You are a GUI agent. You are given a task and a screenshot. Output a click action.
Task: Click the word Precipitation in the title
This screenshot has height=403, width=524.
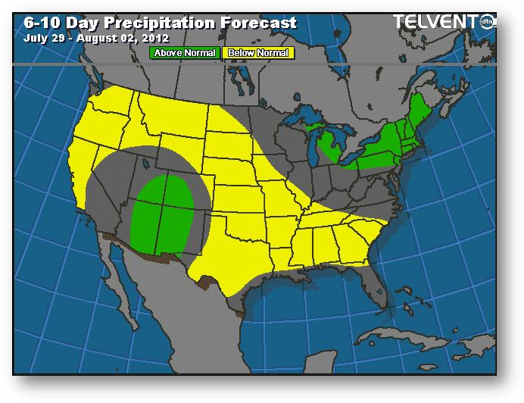(162, 23)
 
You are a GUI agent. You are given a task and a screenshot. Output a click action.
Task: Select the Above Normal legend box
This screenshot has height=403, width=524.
(186, 53)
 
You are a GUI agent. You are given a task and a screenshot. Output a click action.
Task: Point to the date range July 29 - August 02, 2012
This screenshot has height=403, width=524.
(96, 37)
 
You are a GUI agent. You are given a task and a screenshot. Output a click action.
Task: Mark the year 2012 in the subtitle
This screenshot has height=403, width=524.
(158, 37)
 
